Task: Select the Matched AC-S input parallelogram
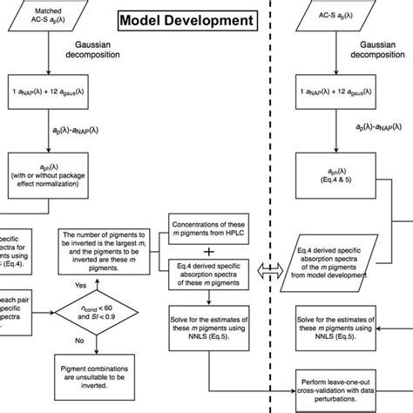click(x=45, y=19)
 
